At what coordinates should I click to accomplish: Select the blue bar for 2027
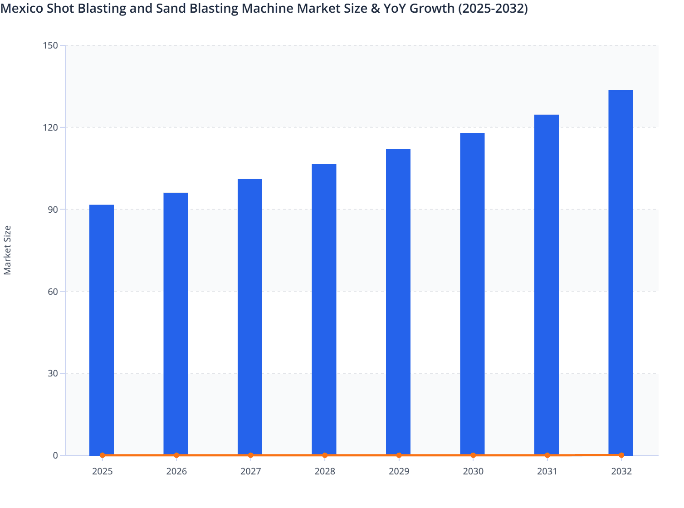250,317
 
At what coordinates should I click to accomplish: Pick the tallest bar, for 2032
620,272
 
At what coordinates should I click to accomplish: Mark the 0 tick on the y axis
56,455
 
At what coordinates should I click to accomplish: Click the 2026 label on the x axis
176,471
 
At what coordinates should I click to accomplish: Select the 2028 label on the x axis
325,471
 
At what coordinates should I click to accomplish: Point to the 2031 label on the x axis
547,471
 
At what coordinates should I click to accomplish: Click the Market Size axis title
8,250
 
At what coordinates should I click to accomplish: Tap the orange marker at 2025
103,455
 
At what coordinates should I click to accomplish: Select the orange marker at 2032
621,455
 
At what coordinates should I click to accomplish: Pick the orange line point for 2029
399,455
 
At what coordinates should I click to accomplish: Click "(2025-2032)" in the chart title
493,8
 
